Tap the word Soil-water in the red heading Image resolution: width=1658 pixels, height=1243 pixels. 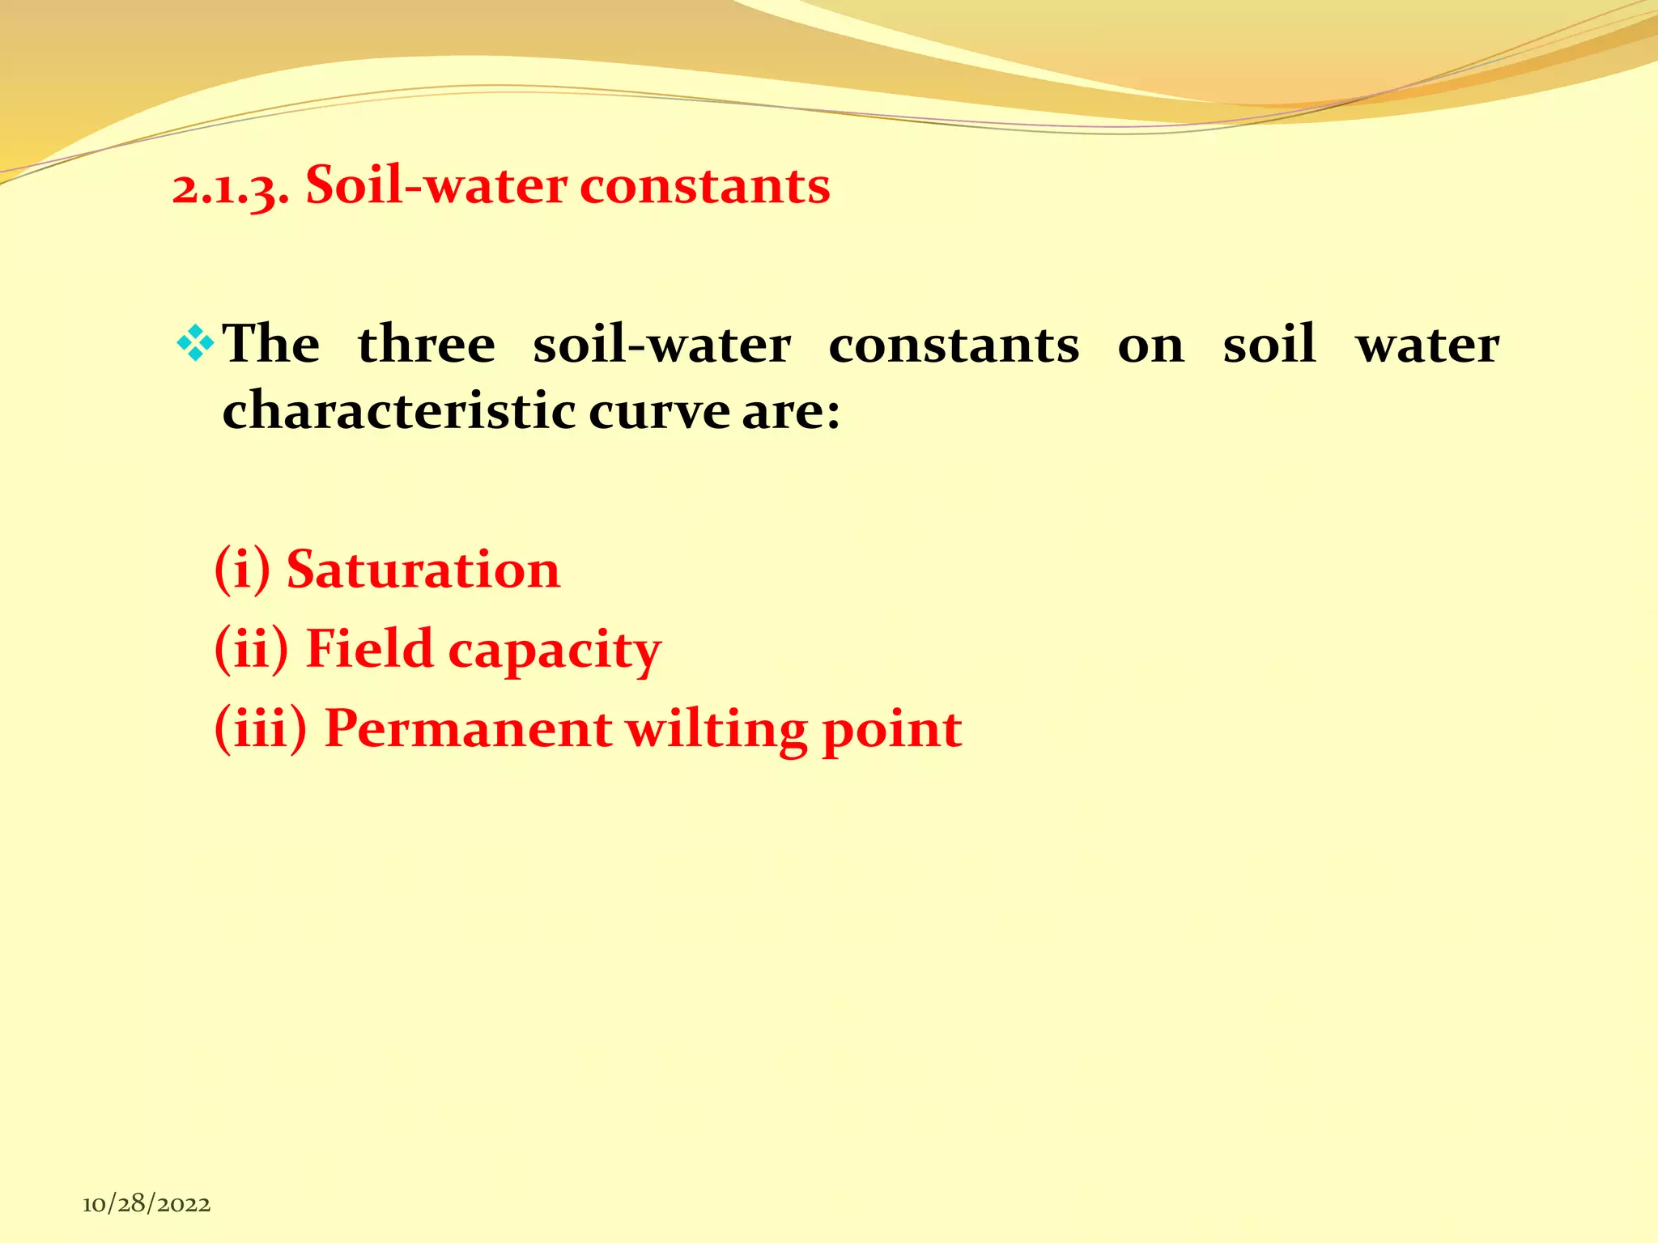(434, 186)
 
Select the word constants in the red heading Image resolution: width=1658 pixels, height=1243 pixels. (704, 186)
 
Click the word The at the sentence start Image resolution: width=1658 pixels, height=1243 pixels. (271, 343)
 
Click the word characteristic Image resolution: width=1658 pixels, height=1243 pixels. (398, 410)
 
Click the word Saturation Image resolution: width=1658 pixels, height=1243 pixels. (423, 570)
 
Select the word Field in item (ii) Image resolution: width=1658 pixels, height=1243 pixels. (370, 649)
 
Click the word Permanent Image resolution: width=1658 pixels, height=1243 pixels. (468, 729)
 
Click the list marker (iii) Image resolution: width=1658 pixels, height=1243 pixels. (261, 729)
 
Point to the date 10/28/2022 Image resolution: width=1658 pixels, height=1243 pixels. (147, 1204)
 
